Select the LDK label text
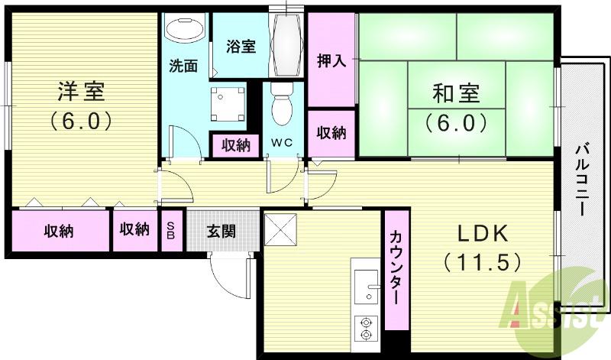click(x=482, y=232)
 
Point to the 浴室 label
click(x=241, y=46)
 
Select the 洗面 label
click(x=183, y=66)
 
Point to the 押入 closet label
click(x=331, y=61)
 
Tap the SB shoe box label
click(x=170, y=230)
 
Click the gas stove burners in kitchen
click(x=366, y=326)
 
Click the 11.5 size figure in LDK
click(x=482, y=262)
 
